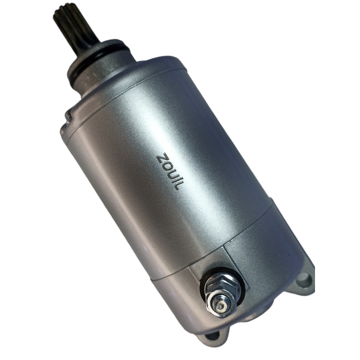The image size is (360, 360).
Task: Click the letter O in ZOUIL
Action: [165, 167]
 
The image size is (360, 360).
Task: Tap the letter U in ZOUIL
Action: [169, 174]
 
